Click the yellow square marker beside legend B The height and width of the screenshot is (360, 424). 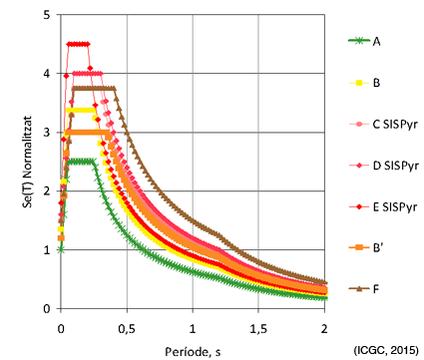click(x=359, y=83)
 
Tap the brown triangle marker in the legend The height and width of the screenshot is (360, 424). click(x=359, y=289)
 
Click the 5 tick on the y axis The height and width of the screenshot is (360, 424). click(x=47, y=15)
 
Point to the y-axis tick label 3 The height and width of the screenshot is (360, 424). click(x=47, y=133)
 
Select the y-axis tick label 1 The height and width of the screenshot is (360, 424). click(x=47, y=249)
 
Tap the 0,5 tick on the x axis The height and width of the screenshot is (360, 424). click(x=127, y=329)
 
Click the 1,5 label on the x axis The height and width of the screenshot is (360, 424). click(x=258, y=329)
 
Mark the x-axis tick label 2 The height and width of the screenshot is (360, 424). click(x=324, y=329)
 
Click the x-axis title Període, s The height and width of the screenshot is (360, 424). click(x=193, y=351)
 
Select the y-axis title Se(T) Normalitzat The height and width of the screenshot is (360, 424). click(x=28, y=162)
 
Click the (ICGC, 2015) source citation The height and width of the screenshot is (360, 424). click(x=386, y=350)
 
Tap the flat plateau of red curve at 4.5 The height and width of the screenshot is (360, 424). click(x=79, y=44)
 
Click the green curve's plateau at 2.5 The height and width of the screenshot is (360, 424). click(x=80, y=162)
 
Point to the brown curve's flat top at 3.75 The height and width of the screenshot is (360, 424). click(x=94, y=88)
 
